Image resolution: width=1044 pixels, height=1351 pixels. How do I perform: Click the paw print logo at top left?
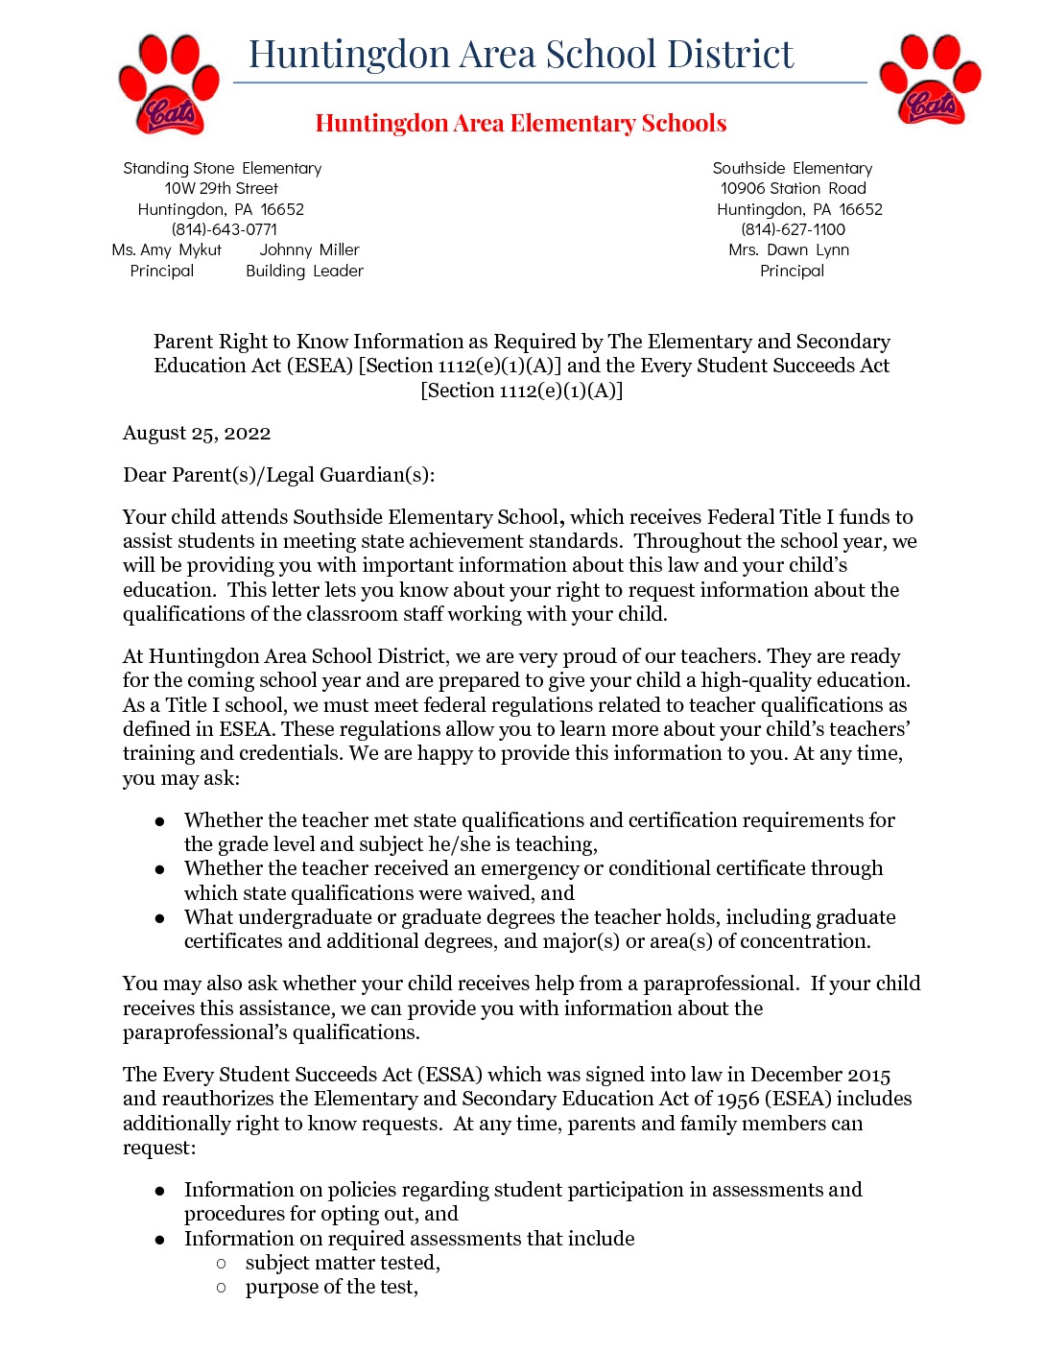[x=169, y=84]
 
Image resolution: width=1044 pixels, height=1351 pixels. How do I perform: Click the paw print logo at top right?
[x=930, y=80]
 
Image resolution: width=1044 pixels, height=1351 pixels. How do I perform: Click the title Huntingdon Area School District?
[x=521, y=55]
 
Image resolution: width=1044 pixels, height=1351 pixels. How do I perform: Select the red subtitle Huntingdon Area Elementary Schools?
[x=521, y=124]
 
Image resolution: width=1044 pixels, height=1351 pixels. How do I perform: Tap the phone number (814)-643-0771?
[x=224, y=229]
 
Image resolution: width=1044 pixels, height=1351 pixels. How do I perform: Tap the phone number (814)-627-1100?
[x=793, y=229]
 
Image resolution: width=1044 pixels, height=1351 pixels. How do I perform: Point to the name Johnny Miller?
[x=309, y=249]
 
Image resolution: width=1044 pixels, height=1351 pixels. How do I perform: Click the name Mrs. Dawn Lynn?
[x=789, y=249]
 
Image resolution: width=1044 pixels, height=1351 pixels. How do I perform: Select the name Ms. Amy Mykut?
[x=166, y=249]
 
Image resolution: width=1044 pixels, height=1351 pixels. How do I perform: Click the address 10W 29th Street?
[x=221, y=188]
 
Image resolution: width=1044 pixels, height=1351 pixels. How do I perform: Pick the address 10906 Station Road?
[x=793, y=188]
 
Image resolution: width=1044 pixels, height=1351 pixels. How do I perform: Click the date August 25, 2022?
[x=197, y=433]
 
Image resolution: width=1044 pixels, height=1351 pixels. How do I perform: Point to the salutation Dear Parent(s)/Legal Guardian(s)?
[x=278, y=475]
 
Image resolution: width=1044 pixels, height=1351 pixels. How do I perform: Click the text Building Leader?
[x=304, y=271]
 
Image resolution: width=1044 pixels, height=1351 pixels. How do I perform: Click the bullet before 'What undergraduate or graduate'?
[x=160, y=918]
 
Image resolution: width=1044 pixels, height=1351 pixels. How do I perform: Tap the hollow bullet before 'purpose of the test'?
[x=222, y=1288]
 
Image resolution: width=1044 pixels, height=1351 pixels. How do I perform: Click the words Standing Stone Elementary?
[x=222, y=168]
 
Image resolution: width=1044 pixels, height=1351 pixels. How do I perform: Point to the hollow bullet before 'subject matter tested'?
[x=222, y=1264]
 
